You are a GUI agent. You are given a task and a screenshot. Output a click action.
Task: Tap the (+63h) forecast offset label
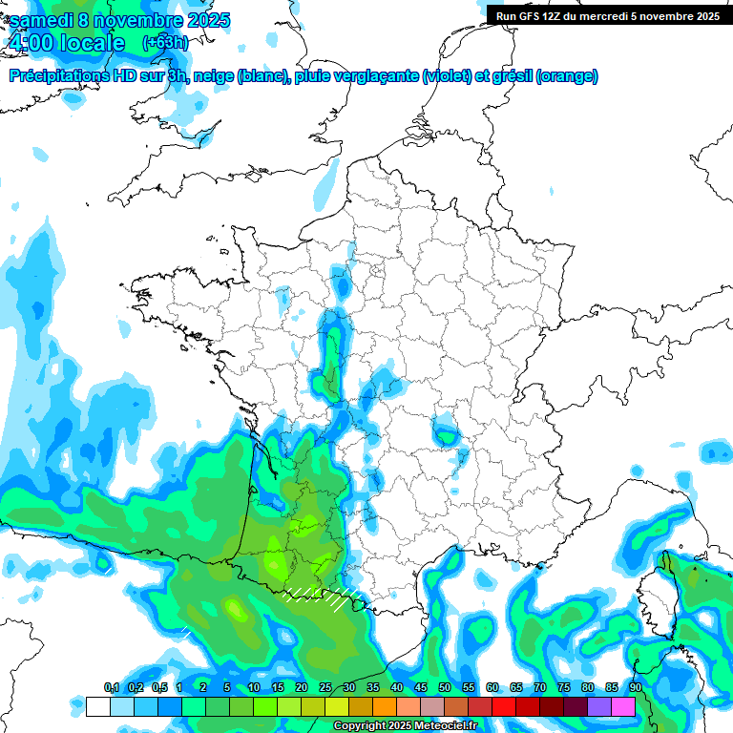pos(164,43)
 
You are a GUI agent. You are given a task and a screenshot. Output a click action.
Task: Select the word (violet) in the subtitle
pos(446,76)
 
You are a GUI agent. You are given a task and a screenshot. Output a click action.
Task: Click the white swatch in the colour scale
pos(97,706)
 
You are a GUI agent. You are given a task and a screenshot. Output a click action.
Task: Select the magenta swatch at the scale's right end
pos(623,706)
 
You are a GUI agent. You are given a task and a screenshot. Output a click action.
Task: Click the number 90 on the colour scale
pos(635,688)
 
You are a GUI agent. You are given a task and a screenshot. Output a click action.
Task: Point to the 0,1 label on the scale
pos(111,688)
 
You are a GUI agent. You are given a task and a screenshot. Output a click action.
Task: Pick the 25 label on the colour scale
pos(325,688)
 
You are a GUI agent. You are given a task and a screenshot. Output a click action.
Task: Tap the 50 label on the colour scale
pos(445,688)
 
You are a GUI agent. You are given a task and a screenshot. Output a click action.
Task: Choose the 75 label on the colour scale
pos(563,688)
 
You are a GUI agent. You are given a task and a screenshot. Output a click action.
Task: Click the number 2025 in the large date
pos(201,20)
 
